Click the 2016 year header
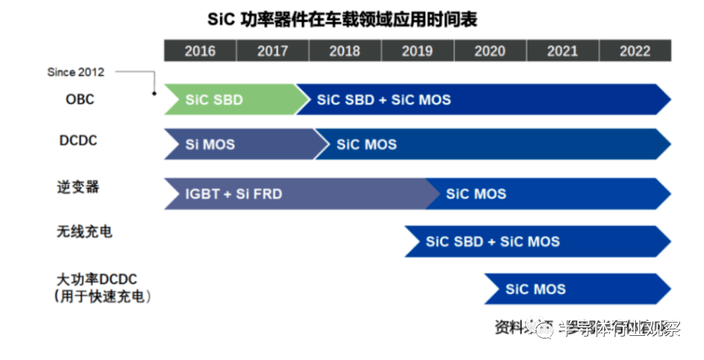199,51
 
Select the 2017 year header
272,51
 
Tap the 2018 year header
345,51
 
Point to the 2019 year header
417,51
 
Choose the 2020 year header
490,51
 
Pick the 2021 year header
562,51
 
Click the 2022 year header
634,51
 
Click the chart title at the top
342,20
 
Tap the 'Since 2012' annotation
76,72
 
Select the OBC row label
80,100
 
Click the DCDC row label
78,141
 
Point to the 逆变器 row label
78,187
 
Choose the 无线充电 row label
84,232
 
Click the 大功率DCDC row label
96,280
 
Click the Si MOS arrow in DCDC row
235,144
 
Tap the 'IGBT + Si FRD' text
233,194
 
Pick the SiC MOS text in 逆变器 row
476,194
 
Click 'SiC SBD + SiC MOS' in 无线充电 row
493,242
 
